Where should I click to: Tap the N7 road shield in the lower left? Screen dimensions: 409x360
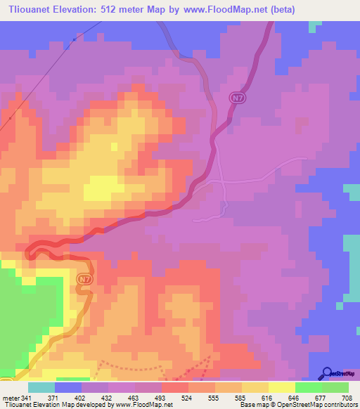tap(84, 279)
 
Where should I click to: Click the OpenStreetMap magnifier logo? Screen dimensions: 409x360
tap(327, 374)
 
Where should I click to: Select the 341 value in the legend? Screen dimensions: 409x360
tap(27, 398)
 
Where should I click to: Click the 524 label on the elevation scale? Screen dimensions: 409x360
tap(187, 398)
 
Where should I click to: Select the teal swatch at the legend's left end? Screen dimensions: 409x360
tap(41, 387)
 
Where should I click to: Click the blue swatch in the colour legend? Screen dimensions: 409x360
tap(67, 387)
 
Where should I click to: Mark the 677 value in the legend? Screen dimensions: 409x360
tap(321, 398)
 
